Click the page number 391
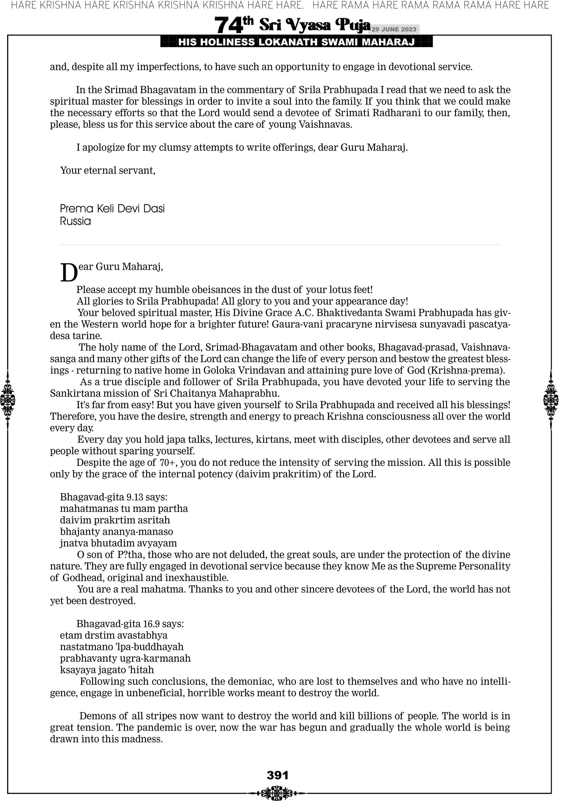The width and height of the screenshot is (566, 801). [278, 775]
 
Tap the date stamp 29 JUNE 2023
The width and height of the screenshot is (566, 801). [394, 29]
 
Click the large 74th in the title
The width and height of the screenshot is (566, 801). [234, 25]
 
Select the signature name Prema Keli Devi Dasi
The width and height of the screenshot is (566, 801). [112, 209]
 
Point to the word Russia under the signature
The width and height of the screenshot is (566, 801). [75, 221]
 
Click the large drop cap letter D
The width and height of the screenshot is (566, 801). [69, 273]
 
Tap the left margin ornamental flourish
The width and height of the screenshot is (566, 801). [8, 400]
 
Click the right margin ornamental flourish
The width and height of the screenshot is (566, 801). [551, 400]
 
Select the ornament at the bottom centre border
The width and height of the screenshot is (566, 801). [278, 793]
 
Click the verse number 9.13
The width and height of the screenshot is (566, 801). [135, 497]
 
